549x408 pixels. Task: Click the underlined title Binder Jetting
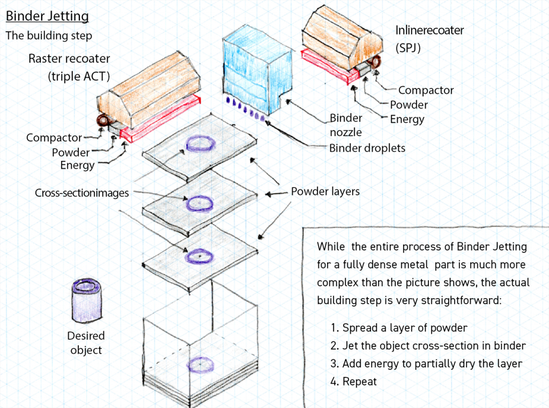47,16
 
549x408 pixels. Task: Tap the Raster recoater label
69,58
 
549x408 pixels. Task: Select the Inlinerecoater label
429,31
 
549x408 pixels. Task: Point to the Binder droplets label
367,148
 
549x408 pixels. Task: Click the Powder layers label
325,191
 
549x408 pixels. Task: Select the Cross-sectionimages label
82,193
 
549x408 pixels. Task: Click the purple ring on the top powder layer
201,144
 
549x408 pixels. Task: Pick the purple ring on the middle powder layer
199,204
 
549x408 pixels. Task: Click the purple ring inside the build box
201,365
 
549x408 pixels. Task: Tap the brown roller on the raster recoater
103,120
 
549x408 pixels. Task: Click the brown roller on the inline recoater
375,62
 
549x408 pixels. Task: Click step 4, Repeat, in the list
354,381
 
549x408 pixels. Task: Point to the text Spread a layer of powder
405,328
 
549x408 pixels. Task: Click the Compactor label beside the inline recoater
426,91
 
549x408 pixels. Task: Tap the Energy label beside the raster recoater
77,165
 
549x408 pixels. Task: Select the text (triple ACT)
79,76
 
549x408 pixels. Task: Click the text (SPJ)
408,48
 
